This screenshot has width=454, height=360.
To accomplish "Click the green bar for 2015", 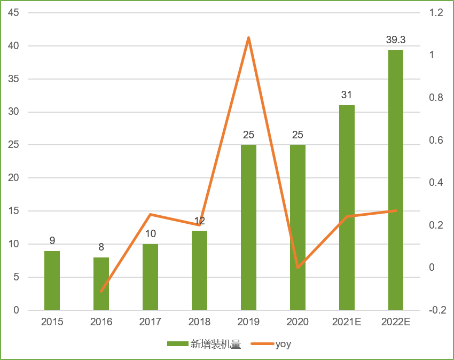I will (52, 280).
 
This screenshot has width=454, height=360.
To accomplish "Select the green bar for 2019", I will (248, 227).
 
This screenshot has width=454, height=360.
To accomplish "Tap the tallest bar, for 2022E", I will (396, 180).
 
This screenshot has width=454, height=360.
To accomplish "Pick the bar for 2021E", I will (347, 207).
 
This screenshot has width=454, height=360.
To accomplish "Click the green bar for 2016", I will (101, 284).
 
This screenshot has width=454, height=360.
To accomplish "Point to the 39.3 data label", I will (396, 40).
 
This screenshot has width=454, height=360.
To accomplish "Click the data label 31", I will (347, 95).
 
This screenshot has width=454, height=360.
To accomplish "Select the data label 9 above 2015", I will (52, 241).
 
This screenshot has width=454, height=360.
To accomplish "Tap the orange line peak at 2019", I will (248, 37).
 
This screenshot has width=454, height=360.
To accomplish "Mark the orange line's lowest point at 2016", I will (101, 292).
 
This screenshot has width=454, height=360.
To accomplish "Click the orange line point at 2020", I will (298, 268).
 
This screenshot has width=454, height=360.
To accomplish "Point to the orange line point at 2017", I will (150, 215).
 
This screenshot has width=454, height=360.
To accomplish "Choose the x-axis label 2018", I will (199, 322).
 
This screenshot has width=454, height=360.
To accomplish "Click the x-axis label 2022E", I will (396, 322).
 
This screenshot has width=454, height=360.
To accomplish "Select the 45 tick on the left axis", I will (13, 13).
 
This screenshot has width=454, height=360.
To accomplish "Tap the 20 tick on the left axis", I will (13, 178).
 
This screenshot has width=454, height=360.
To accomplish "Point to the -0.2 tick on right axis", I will (436, 310).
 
